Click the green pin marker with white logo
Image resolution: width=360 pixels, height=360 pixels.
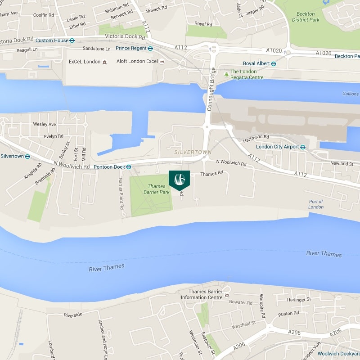[179, 179]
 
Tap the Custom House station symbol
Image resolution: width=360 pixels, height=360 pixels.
[72, 40]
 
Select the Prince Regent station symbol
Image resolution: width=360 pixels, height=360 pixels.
[150, 49]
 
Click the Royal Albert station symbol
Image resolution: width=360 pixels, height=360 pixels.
[273, 63]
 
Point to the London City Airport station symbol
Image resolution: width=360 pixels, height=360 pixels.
[303, 147]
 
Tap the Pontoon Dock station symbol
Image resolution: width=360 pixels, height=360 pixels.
[129, 167]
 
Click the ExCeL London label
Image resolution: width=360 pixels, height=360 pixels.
[84, 61]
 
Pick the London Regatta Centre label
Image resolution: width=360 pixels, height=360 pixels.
[247, 74]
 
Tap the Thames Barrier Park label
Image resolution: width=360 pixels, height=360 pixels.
[157, 189]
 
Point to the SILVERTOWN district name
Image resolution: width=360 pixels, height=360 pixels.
[193, 153]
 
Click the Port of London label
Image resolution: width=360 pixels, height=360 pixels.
[316, 204]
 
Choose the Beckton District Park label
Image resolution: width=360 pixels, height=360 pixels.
[306, 17]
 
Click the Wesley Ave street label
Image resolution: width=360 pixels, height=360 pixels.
[45, 124]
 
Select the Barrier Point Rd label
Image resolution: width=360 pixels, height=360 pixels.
[121, 194]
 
